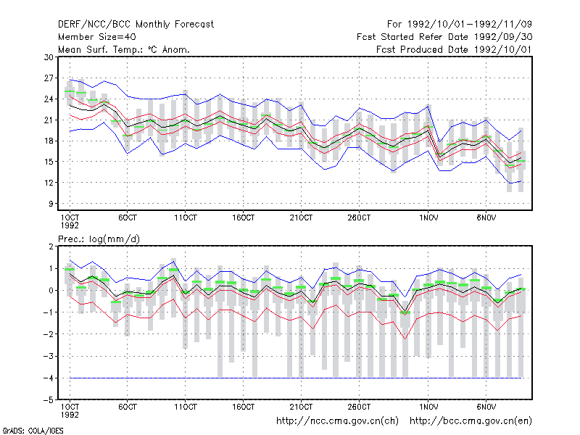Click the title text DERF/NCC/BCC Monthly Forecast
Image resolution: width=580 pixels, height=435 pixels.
point(136,25)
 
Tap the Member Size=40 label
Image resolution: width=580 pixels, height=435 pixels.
point(97,37)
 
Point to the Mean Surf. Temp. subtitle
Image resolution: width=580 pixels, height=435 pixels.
point(123,49)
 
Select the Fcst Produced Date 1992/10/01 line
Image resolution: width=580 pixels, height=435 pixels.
point(454,49)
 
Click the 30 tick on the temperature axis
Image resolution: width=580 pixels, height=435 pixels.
point(49,57)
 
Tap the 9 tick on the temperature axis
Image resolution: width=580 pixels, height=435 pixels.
point(51,204)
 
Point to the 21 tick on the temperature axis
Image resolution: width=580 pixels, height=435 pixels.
point(49,120)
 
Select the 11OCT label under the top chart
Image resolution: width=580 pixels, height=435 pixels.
point(186,218)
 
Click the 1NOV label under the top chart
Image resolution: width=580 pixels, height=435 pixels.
point(428,218)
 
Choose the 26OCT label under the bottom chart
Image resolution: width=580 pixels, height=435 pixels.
point(359,407)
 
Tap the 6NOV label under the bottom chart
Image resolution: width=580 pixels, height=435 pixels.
point(486,407)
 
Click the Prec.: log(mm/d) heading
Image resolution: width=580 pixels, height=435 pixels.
point(99,239)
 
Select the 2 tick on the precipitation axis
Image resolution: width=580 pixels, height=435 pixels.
point(51,246)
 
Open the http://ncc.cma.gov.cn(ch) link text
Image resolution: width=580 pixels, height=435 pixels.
point(337,421)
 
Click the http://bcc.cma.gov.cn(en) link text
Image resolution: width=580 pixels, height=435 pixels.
point(471,421)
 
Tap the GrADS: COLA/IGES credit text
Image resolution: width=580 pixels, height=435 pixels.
point(33,431)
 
